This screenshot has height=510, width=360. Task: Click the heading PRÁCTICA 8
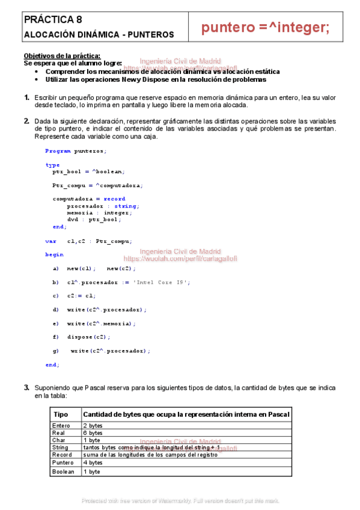coord(50,20)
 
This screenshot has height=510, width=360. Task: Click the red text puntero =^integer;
coord(265,28)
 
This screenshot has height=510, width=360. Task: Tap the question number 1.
coord(26,97)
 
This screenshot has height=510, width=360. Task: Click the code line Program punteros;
coord(76,151)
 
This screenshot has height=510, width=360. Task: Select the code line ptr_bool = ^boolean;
coord(88,171)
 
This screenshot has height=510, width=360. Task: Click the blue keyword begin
coord(54,254)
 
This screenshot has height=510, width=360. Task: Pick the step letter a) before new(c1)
coord(56,268)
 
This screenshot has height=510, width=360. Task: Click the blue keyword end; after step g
coord(52,364)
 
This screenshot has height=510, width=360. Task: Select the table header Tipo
coord(61,415)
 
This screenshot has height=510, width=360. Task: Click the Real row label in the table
coord(58,433)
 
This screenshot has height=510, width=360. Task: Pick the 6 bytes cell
coord(93,433)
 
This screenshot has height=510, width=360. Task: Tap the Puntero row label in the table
coord(63,463)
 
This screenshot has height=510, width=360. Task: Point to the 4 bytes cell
coord(93,463)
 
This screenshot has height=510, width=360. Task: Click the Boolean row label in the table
coord(63,472)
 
